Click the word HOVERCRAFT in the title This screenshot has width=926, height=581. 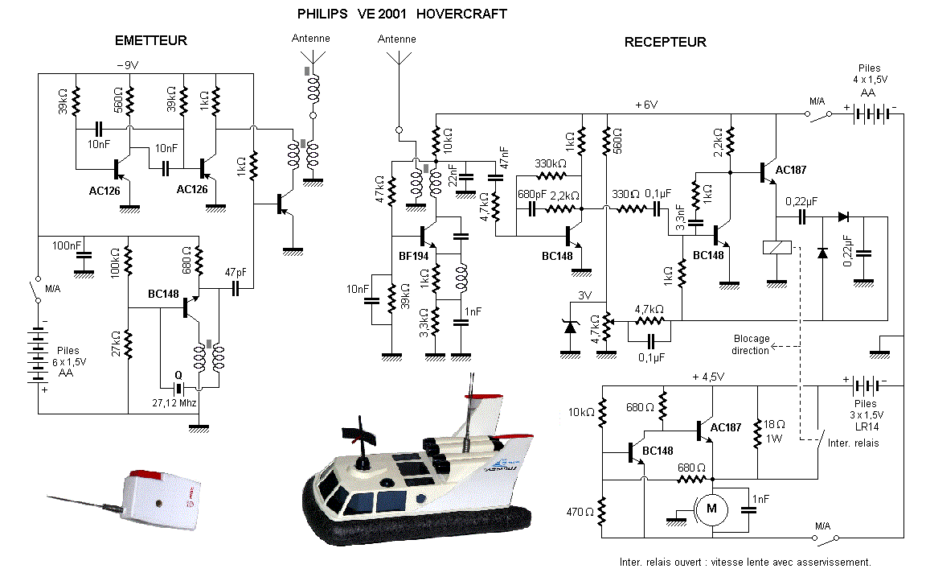click(x=461, y=14)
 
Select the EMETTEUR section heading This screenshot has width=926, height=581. click(x=150, y=40)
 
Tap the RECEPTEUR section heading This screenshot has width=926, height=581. click(x=665, y=42)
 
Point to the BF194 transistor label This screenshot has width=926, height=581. click(x=413, y=256)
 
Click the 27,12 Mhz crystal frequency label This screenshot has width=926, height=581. click(x=174, y=402)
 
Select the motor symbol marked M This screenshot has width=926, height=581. click(x=711, y=509)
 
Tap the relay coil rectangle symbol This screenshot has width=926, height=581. click(x=776, y=247)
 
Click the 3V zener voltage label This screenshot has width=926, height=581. click(x=584, y=295)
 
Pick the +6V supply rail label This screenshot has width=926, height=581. click(x=646, y=105)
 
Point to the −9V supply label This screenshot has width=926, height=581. click(x=128, y=65)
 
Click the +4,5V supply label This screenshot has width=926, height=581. click(x=708, y=377)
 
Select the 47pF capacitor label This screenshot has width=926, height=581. click(x=235, y=273)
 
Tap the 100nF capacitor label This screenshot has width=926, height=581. click(x=66, y=245)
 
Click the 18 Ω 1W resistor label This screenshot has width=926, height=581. click(x=773, y=431)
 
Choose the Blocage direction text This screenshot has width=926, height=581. click(x=752, y=344)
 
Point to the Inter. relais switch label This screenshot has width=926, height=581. click(x=854, y=443)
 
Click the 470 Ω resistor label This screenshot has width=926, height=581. click(x=580, y=512)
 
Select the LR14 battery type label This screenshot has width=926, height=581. click(x=867, y=426)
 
